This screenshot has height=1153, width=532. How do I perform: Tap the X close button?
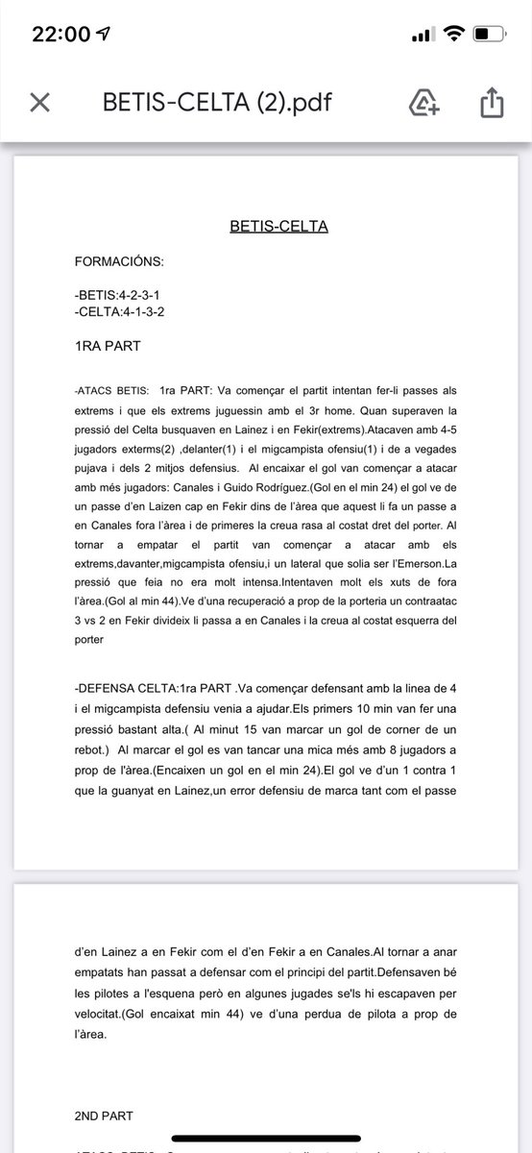tap(39, 102)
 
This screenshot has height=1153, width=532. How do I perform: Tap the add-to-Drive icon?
tap(424, 101)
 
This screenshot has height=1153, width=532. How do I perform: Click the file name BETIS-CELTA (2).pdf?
tap(218, 102)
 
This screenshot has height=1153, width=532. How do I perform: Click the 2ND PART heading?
tap(104, 1116)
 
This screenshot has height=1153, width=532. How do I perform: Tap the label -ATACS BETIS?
tap(111, 391)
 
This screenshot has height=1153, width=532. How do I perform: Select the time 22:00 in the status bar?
tap(60, 34)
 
